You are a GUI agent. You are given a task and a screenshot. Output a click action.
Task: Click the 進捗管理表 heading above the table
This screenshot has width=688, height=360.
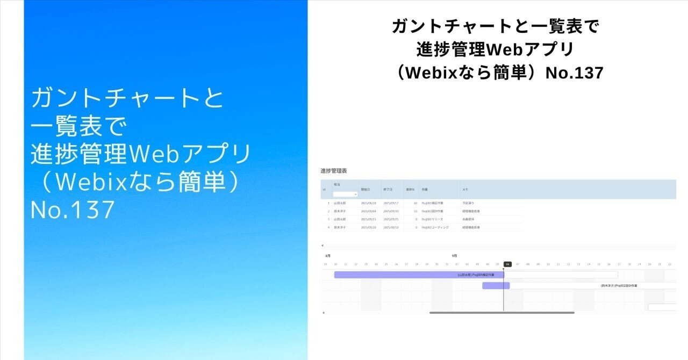(334, 171)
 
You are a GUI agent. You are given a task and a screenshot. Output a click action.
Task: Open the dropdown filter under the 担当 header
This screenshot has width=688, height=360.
(345, 194)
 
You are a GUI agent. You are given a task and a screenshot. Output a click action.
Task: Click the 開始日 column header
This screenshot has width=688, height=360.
(365, 189)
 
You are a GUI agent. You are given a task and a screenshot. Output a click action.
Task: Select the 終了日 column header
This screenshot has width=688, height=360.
(389, 189)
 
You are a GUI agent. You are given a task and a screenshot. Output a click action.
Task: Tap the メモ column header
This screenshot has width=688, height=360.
(465, 189)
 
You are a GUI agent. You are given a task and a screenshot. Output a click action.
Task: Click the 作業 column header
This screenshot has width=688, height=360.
(425, 189)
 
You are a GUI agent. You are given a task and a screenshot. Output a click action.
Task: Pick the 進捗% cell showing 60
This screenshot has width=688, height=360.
(415, 204)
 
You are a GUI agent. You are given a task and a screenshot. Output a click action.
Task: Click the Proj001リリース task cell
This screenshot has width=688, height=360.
(432, 219)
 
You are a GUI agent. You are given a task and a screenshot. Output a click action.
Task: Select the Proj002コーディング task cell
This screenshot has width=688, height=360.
(435, 227)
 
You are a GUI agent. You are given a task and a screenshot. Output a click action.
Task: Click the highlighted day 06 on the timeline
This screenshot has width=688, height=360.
(507, 264)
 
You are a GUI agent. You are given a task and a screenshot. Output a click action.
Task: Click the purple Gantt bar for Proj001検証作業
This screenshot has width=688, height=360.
(419, 275)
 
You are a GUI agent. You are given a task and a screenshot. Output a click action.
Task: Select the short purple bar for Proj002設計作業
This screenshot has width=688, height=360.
(496, 286)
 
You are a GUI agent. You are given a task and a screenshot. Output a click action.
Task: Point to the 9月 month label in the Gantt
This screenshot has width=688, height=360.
(454, 256)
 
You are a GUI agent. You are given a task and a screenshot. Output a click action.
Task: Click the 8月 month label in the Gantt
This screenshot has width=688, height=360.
(328, 256)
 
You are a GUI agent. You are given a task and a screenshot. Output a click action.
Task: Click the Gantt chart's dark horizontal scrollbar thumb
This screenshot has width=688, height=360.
(501, 312)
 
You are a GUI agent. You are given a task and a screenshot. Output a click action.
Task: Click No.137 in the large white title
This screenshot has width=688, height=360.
(73, 210)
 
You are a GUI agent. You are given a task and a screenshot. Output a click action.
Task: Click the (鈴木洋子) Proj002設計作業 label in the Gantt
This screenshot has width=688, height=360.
(619, 286)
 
